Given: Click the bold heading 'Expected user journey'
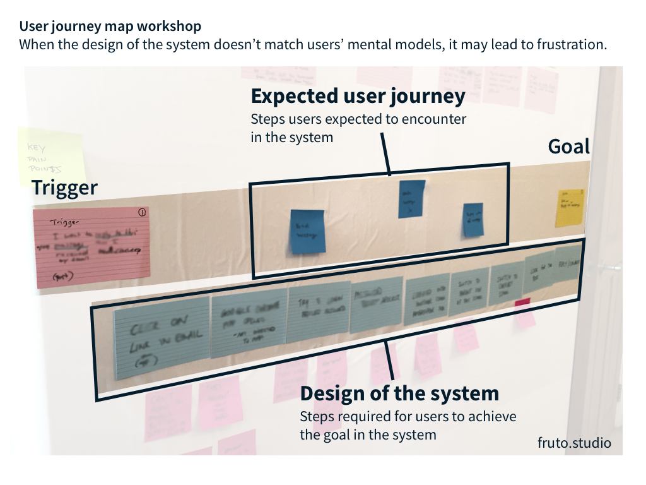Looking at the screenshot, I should [358, 96].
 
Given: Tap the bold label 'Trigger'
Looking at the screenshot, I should [65, 188].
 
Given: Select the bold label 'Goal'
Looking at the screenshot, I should [568, 147].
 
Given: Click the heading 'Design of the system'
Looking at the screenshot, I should [399, 393].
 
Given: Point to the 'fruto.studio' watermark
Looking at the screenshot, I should [574, 443].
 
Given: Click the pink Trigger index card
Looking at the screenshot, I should [91, 243].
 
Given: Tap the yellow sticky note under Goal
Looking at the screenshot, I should [569, 207].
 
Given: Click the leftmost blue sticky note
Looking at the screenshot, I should [307, 232].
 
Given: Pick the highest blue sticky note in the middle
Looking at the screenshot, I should [411, 198].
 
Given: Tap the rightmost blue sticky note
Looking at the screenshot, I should [473, 220].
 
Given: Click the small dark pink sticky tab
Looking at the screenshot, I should [522, 304].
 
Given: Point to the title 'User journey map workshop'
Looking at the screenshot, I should [110, 27].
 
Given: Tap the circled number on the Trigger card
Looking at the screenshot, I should [141, 213].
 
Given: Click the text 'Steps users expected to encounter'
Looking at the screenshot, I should [358, 119].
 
